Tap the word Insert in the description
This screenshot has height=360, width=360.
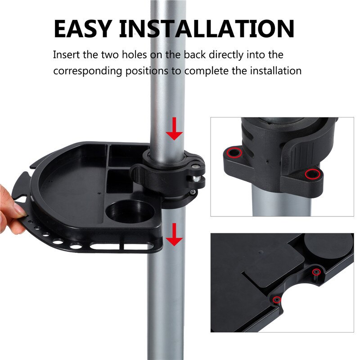65,55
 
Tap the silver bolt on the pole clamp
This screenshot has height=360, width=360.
197,178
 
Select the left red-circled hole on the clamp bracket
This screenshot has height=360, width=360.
234,153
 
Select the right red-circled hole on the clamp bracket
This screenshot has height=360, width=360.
310,174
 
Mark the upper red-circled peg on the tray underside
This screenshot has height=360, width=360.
316,271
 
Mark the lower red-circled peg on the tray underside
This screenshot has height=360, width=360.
277,300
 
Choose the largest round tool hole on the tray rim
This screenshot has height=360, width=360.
76,246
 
